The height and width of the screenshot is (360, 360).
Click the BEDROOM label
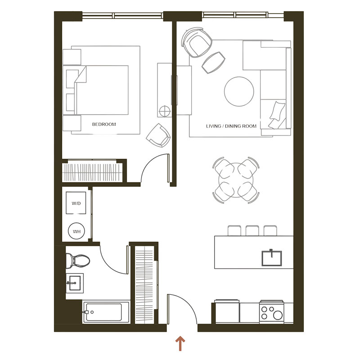pyautogui.click(x=104, y=124)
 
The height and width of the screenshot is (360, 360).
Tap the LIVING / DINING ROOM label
pyautogui.click(x=231, y=126)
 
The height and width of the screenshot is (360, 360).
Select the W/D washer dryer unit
pyautogui.click(x=76, y=203)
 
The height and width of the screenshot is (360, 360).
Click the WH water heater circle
pyautogui.click(x=76, y=231)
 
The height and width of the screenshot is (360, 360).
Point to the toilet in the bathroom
pyautogui.click(x=77, y=261)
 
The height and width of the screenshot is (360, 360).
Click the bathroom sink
pyautogui.click(x=74, y=283)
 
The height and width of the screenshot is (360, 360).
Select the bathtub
pyautogui.click(x=106, y=312)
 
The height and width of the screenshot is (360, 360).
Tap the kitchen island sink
pyautogui.click(x=272, y=258)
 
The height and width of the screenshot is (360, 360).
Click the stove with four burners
pyautogui.click(x=272, y=312)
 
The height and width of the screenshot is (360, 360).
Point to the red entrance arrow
pyautogui.click(x=180, y=343)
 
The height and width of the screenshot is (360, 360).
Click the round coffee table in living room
pyautogui.click(x=239, y=91)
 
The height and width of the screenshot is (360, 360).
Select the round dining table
pyautogui.click(x=236, y=180)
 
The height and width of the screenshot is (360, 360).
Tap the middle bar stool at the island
pyautogui.click(x=252, y=230)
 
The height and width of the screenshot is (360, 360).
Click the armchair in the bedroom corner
pyautogui.click(x=158, y=135)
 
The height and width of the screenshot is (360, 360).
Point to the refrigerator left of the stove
pyautogui.click(x=227, y=312)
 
